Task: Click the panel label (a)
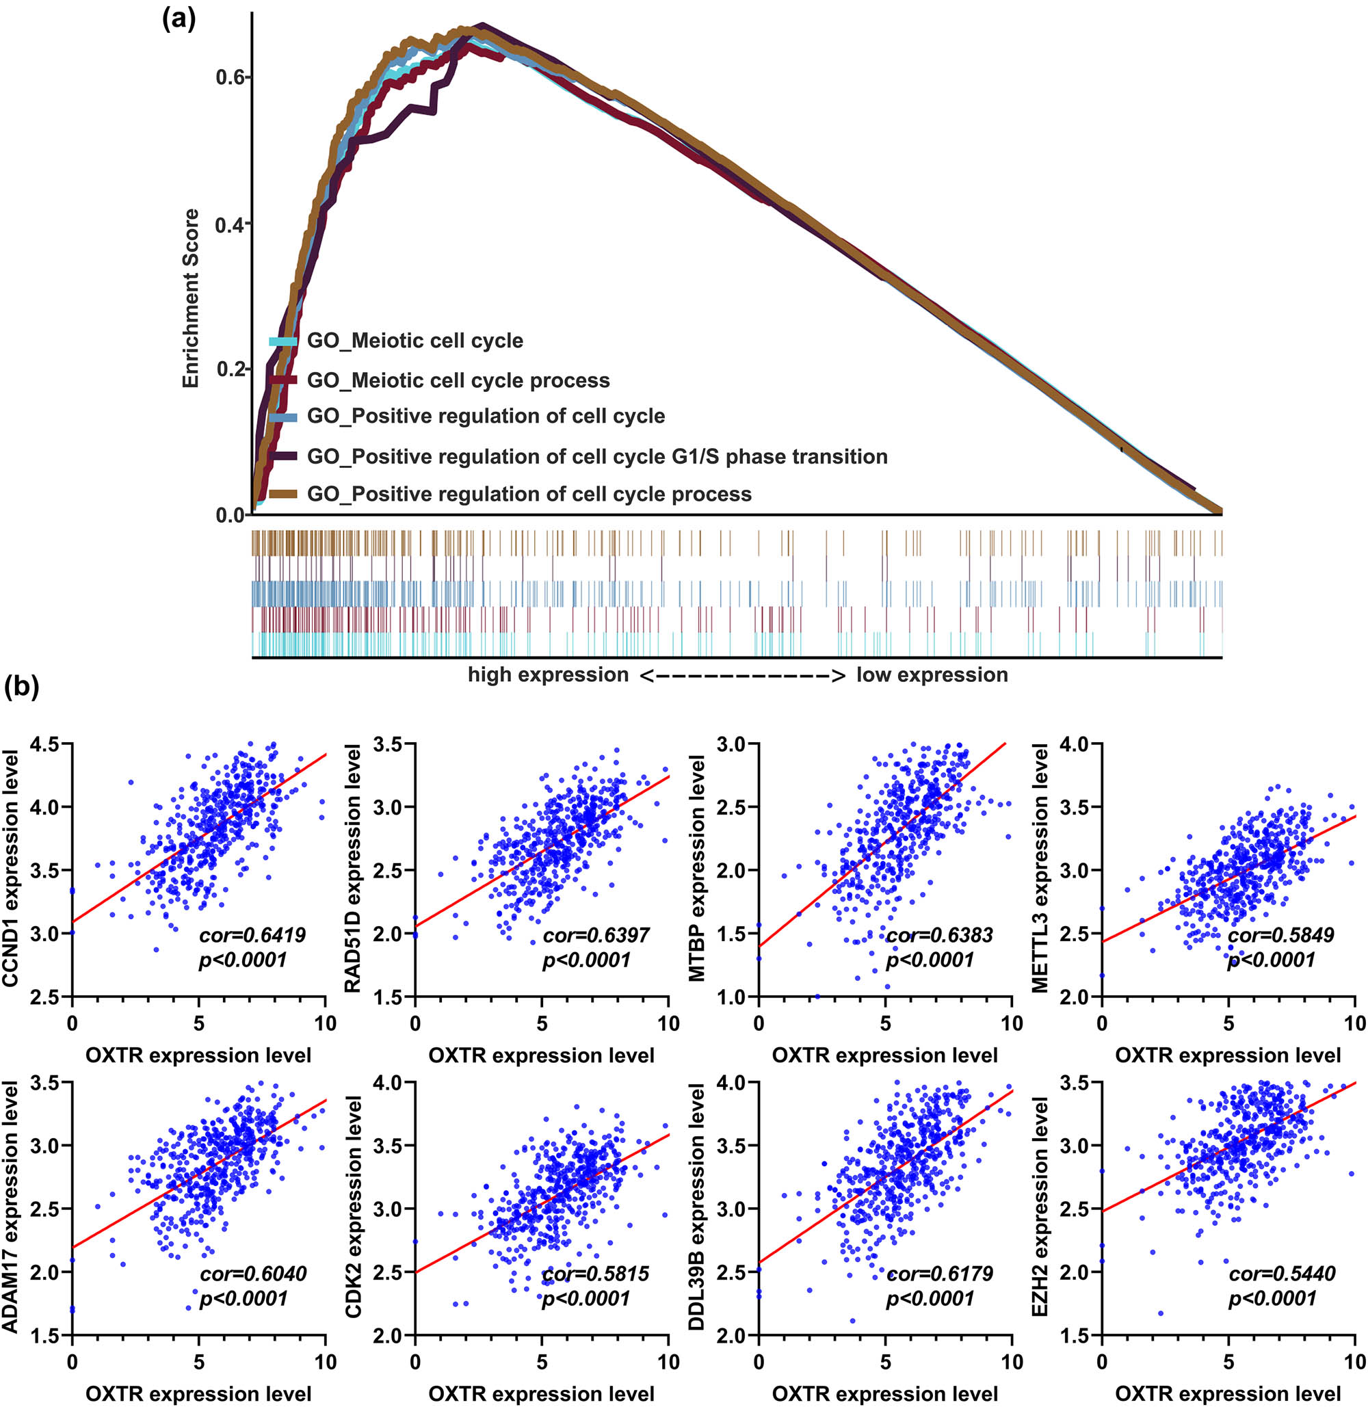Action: (179, 18)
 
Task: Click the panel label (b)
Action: (22, 686)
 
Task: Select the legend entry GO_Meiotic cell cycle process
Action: (458, 380)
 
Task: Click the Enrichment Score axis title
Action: (190, 298)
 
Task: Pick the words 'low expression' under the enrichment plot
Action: (932, 674)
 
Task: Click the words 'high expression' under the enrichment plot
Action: (548, 674)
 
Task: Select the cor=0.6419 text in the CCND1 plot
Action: (252, 935)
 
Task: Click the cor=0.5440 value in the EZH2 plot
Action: (1282, 1274)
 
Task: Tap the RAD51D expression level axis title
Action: (353, 869)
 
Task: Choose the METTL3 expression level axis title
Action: (1040, 869)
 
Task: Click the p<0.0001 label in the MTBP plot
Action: (930, 960)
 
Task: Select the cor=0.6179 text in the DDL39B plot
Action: (940, 1274)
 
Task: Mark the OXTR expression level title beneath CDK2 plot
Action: (541, 1394)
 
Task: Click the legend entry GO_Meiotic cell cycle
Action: (415, 341)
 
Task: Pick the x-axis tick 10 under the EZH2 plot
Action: (1355, 1361)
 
